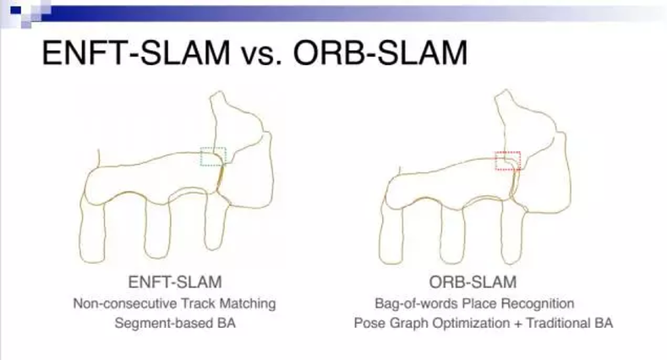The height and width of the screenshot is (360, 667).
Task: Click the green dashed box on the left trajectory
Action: (x=213, y=155)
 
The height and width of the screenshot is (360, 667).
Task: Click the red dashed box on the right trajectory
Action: (x=507, y=161)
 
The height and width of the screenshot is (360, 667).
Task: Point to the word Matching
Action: (x=249, y=303)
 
